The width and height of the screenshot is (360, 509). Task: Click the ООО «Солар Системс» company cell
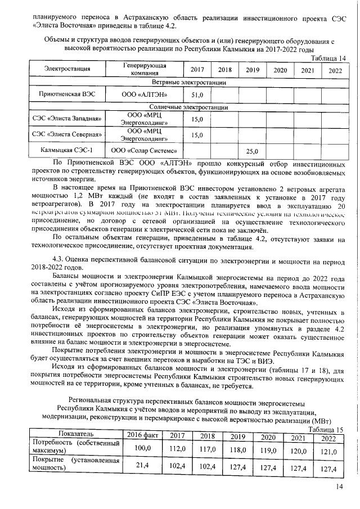[x=144, y=151]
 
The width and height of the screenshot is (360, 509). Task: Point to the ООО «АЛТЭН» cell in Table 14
[x=144, y=95]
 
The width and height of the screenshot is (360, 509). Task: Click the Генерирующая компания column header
[x=144, y=70]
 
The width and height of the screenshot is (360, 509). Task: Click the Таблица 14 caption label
[x=328, y=58]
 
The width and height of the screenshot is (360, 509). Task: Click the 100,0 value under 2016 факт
[x=142, y=448]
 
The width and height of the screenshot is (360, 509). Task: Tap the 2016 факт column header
[x=142, y=435]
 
